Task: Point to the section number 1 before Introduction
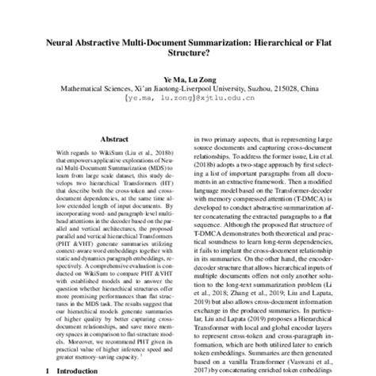[x=48, y=370]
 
